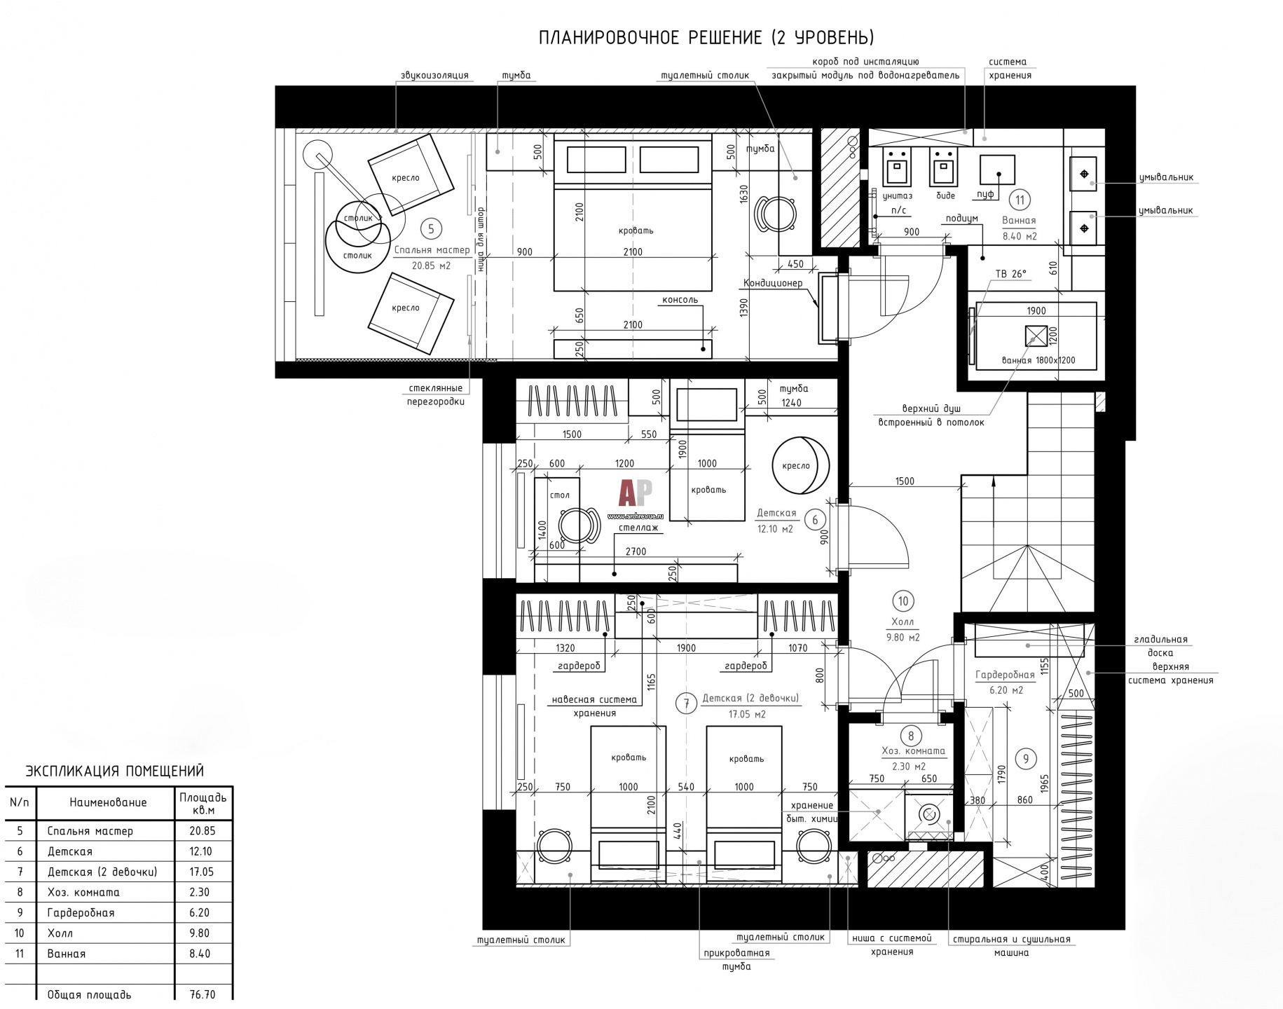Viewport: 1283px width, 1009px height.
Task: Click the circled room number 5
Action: tap(431, 228)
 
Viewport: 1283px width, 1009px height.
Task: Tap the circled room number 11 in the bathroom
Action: tap(1020, 200)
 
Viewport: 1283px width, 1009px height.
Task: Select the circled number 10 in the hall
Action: tap(903, 601)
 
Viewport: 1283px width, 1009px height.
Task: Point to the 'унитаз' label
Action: tap(898, 195)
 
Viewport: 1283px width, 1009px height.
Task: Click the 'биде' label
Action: tap(946, 195)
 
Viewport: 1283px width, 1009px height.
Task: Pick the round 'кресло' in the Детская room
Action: tap(800, 465)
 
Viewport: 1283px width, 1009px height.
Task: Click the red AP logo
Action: tap(636, 493)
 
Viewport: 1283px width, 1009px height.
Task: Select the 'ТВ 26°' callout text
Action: tap(1011, 274)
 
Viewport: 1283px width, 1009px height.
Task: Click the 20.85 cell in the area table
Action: tap(202, 831)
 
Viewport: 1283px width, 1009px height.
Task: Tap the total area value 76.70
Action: tap(202, 994)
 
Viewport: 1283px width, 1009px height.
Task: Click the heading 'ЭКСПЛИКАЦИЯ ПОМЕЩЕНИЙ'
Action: tap(115, 771)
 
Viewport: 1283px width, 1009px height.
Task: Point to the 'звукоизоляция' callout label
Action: tap(434, 75)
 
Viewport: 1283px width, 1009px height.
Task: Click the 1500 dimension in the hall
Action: tap(905, 481)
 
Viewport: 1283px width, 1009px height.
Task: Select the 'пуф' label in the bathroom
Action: tap(986, 195)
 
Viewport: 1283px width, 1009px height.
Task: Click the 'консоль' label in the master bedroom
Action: tap(680, 300)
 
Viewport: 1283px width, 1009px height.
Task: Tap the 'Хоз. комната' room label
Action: tap(913, 751)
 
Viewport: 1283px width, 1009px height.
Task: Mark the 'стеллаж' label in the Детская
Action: tap(638, 528)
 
